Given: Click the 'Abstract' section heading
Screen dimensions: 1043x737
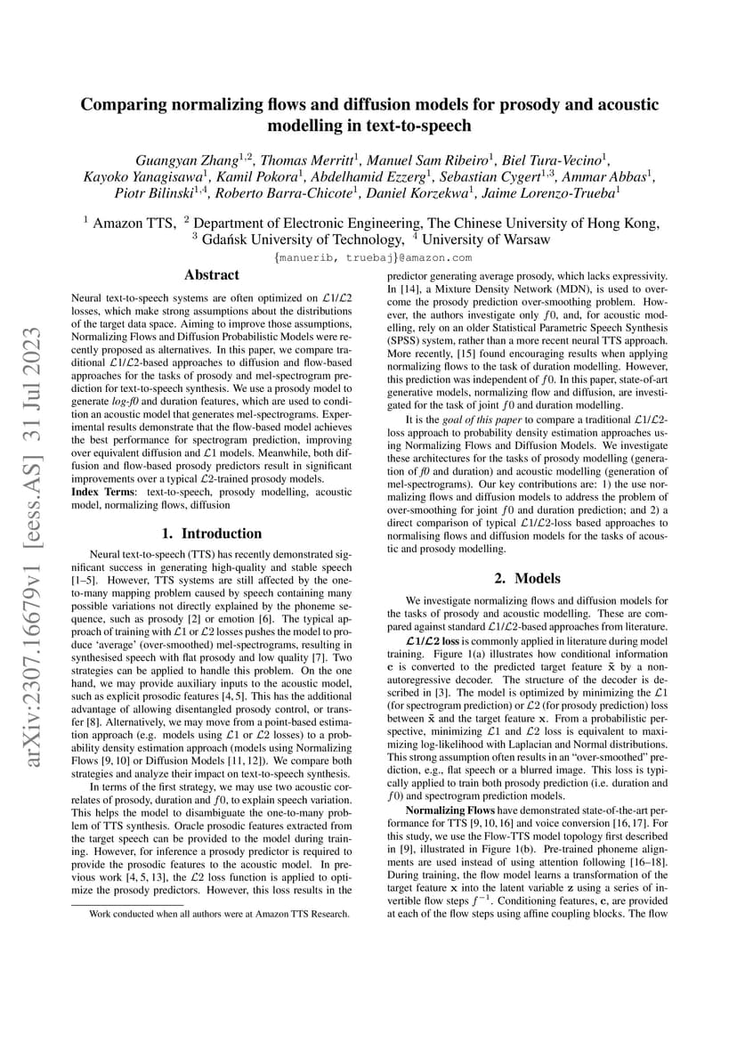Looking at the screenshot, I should pyautogui.click(x=211, y=275).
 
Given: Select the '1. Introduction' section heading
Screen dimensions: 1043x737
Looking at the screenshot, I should pyautogui.click(x=211, y=534).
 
